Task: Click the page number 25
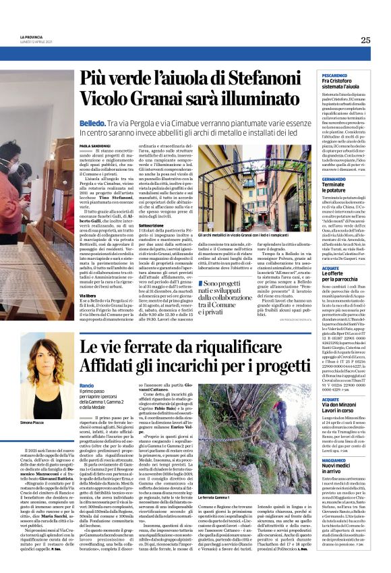[x=365, y=40]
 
